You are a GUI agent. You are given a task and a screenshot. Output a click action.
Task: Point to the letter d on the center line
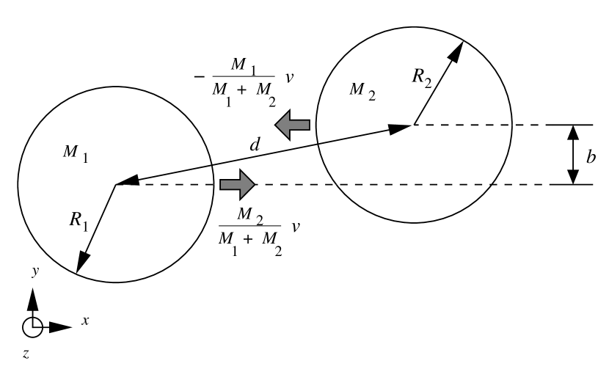pos(255,145)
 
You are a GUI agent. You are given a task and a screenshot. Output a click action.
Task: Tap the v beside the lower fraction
pos(296,226)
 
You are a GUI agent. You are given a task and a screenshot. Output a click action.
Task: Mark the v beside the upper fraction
pos(291,75)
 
